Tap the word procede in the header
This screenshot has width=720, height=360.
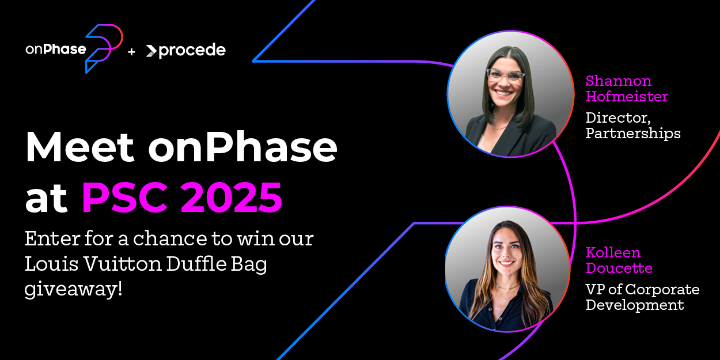coord(192,51)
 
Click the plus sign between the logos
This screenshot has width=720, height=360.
coord(131,51)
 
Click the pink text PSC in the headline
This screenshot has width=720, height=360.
coord(125,197)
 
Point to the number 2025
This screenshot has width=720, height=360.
coord(232,197)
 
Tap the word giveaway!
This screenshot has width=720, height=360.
coord(73,289)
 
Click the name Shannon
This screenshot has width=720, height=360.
coord(619,81)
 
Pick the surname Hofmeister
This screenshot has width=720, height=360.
coord(627,96)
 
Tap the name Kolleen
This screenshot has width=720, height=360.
coord(613,253)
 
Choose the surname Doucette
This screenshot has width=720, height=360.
coord(619,268)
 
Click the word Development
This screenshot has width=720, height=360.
coord(635,305)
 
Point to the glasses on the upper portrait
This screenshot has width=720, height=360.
coord(506,77)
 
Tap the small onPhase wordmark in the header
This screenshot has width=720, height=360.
coord(56,49)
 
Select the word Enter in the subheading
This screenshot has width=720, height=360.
coord(52,238)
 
